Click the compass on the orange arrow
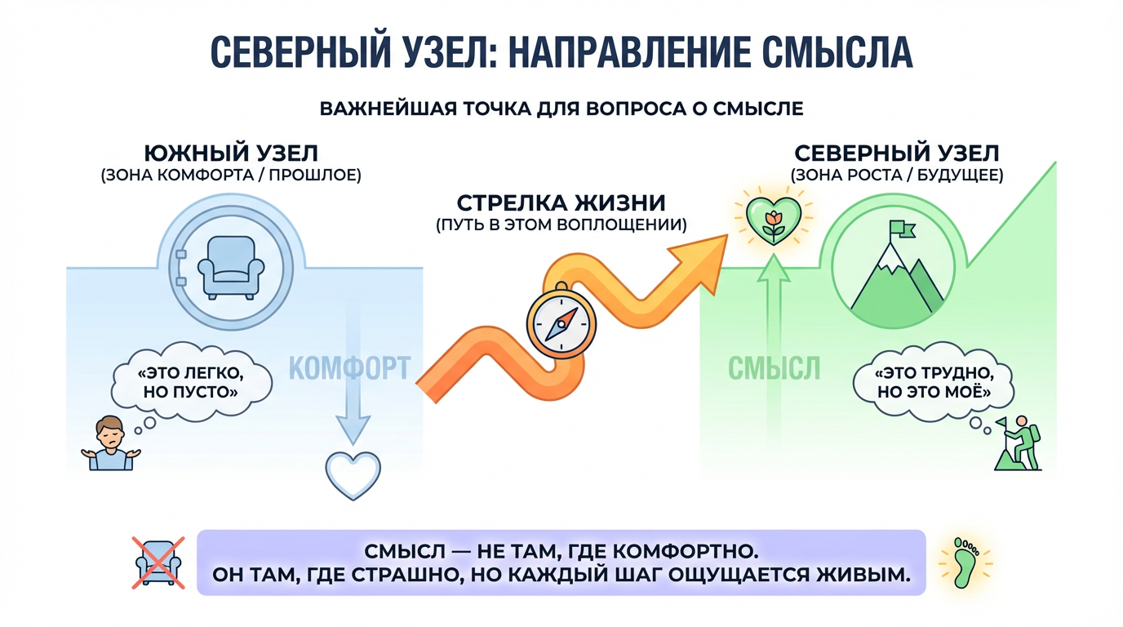561,321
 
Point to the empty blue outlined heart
353,475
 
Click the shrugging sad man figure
111,443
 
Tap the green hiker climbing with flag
1018,443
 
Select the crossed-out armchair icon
158,563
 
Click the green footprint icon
965,563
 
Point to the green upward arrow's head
774,269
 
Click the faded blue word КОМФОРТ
349,368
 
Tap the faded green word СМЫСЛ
774,368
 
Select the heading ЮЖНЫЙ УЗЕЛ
231,153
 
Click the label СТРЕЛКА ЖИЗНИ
561,203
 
